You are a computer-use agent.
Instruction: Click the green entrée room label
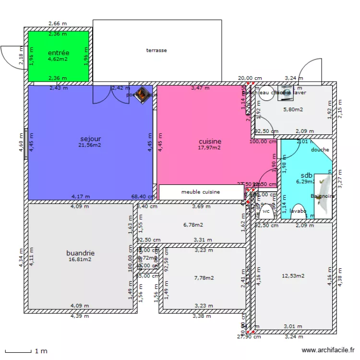(59, 53)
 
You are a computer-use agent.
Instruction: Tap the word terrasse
(156, 50)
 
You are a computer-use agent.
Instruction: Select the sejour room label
(90, 139)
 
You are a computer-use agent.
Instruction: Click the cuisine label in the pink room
(210, 141)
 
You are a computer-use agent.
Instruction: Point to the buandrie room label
(80, 253)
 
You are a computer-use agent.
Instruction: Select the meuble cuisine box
(201, 192)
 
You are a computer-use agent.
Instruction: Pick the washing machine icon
(286, 94)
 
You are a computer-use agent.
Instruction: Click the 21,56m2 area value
(90, 145)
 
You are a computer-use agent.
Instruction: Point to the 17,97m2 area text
(209, 148)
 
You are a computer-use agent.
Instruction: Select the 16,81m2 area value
(80, 259)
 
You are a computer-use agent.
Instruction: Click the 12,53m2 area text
(293, 276)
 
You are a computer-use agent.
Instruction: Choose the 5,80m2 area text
(293, 109)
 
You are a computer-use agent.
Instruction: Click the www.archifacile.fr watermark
(328, 351)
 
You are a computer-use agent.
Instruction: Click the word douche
(320, 150)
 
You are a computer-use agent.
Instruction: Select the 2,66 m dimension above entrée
(58, 24)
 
